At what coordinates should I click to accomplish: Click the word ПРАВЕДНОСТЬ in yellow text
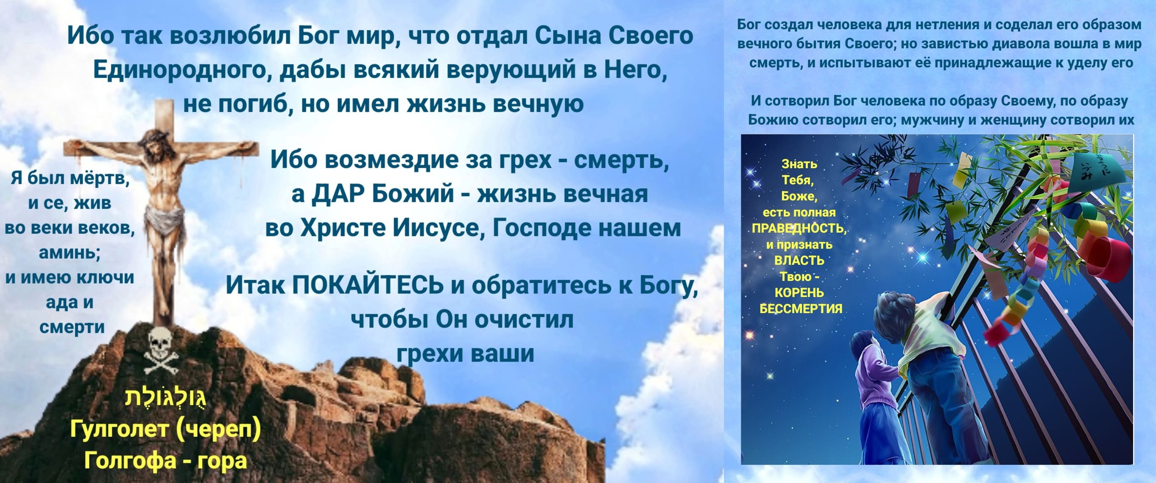[799, 228]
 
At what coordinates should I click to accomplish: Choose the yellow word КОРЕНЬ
[800, 292]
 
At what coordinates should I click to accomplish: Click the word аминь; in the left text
[70, 253]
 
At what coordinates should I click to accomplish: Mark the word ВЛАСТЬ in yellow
[799, 261]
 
